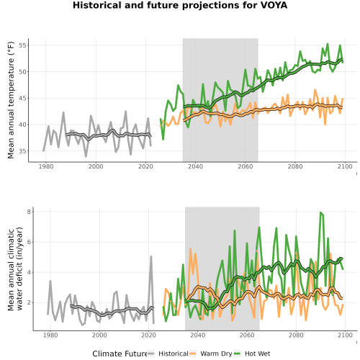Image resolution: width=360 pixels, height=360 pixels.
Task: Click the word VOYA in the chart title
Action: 274,5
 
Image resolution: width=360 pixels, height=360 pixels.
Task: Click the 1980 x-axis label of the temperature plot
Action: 46,166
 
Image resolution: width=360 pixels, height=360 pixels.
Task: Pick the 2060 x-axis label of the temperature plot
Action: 246,166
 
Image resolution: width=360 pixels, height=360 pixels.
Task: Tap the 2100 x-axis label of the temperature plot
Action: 345,166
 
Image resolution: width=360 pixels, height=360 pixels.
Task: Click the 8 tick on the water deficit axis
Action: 30,212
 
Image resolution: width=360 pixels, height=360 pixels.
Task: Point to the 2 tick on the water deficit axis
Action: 30,302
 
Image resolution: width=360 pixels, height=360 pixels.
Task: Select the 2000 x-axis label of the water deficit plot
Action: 99,335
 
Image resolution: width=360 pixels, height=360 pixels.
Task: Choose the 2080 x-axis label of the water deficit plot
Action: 296,335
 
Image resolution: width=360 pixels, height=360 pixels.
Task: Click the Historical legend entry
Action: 174,354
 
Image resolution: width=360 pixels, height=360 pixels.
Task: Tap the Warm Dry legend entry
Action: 216,354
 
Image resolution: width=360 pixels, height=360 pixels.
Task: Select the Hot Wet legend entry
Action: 257,354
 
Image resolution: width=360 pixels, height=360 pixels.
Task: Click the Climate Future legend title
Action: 120,354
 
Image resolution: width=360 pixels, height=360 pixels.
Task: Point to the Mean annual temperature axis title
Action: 11,100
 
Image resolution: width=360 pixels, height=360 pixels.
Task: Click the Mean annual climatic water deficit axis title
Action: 15,269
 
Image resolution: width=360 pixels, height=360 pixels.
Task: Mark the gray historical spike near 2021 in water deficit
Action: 151,256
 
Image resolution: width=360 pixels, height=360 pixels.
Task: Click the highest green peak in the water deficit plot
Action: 320,212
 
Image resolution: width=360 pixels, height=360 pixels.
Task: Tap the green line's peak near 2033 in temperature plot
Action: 178,85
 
